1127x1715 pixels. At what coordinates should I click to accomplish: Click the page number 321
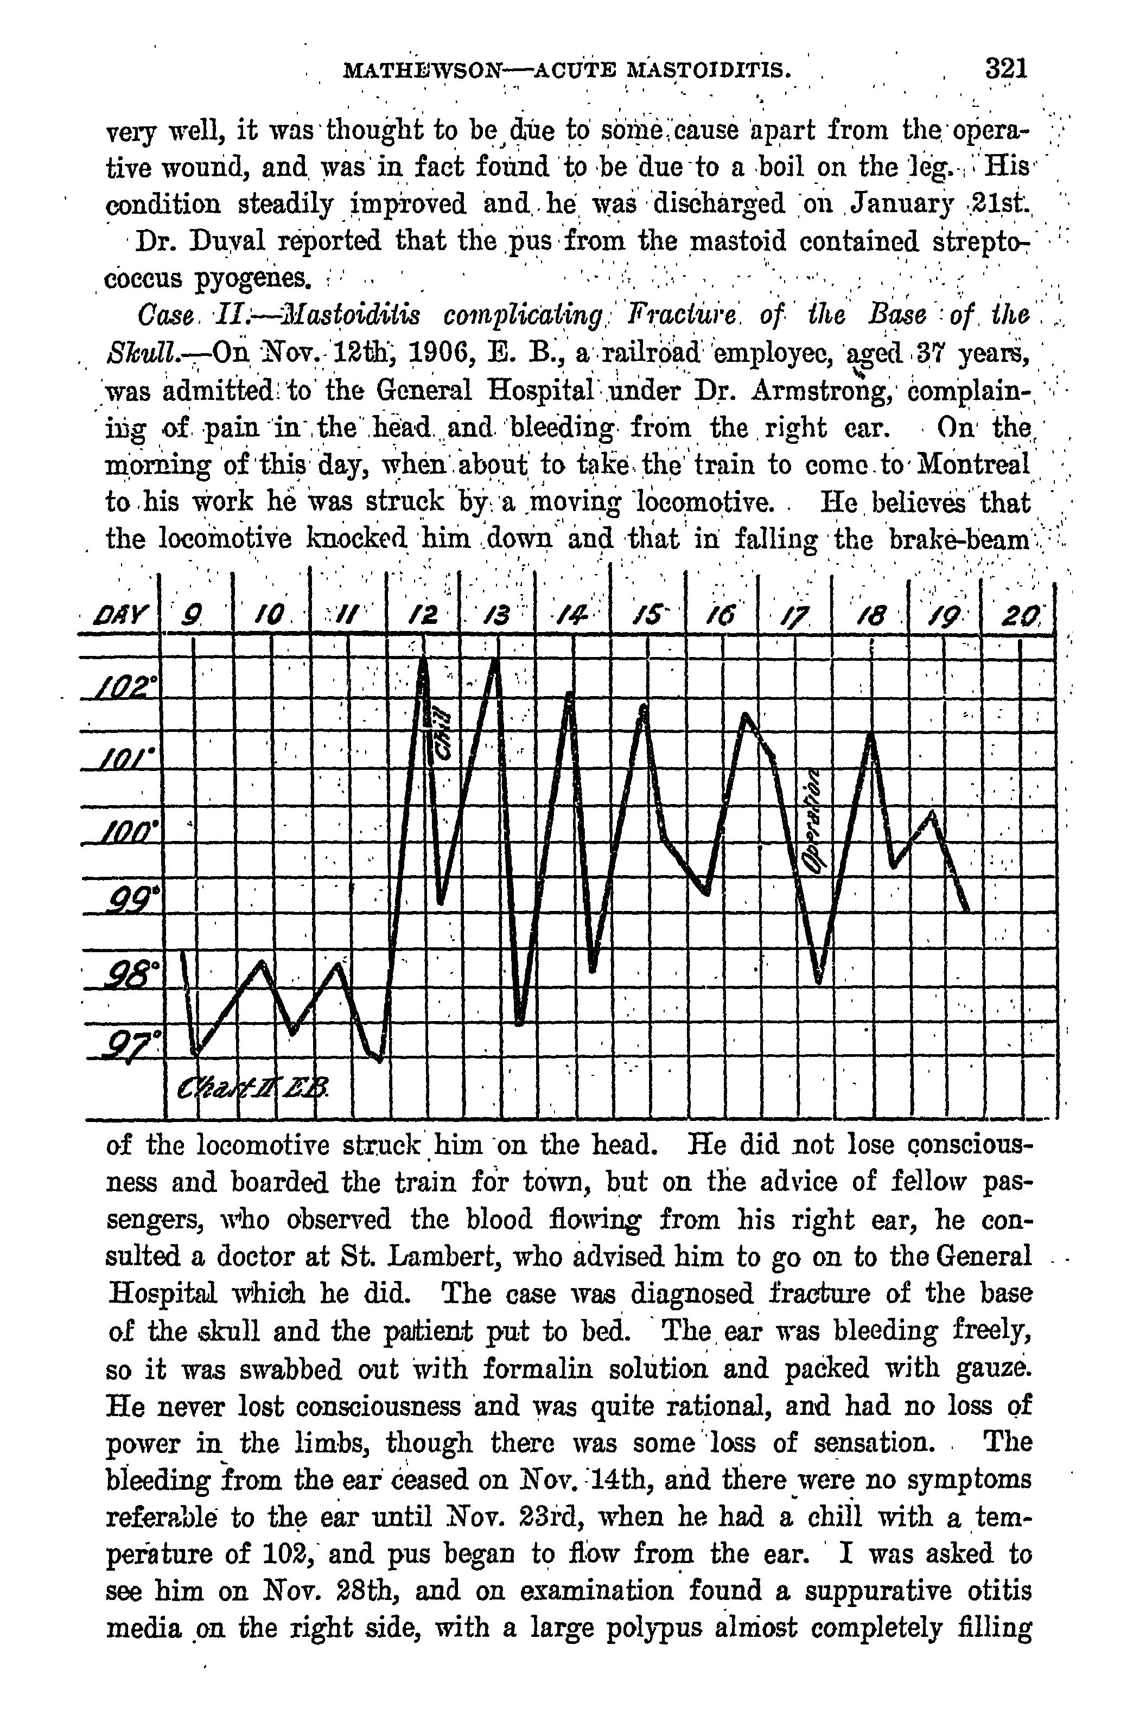[x=1005, y=69]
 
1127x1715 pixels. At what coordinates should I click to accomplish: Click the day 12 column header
[x=423, y=615]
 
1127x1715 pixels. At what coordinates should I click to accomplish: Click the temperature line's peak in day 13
[x=496, y=661]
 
